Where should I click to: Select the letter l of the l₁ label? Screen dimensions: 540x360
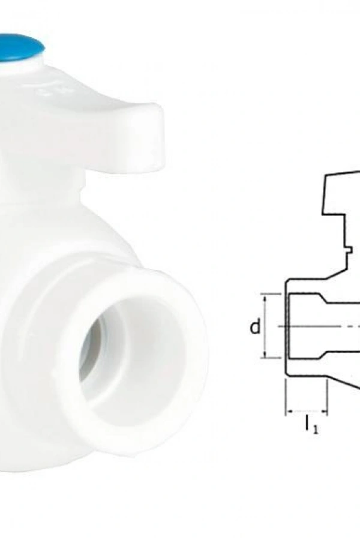pyautogui.click(x=307, y=425)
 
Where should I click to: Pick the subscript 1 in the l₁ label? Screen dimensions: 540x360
pyautogui.click(x=315, y=430)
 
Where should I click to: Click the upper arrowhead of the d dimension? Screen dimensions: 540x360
pyautogui.click(x=264, y=298)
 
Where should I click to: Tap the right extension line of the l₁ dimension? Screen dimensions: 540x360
pyautogui.click(x=328, y=396)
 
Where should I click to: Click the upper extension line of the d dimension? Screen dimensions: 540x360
pyautogui.click(x=273, y=294)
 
